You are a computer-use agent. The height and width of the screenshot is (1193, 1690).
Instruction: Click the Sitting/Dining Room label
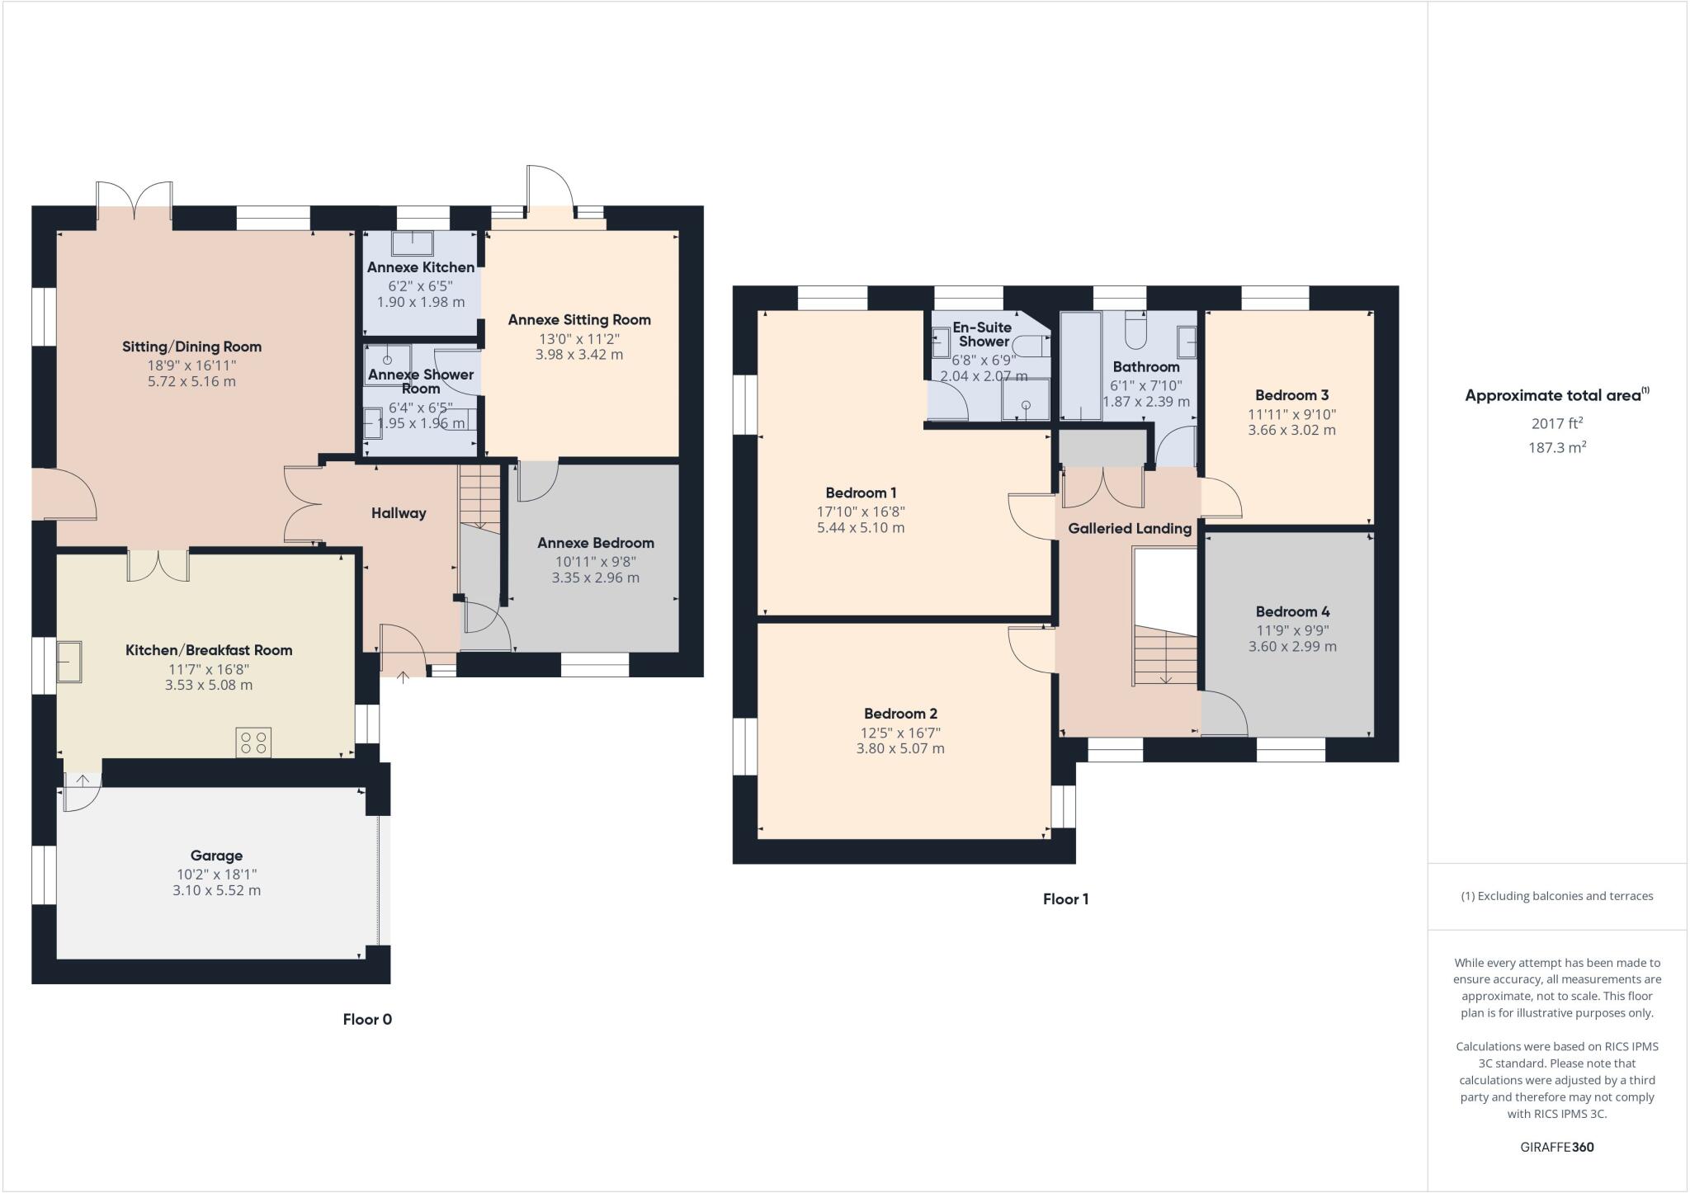click(x=191, y=347)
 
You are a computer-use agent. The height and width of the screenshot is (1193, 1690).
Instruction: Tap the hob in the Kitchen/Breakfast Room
click(x=253, y=742)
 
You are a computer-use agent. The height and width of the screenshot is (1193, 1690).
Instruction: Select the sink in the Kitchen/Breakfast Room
click(x=69, y=662)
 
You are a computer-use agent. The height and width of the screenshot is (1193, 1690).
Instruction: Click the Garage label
click(x=216, y=856)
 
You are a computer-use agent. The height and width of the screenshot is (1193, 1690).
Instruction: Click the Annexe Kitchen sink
click(x=412, y=243)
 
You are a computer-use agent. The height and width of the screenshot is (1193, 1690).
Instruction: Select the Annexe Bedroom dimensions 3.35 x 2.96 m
click(x=595, y=578)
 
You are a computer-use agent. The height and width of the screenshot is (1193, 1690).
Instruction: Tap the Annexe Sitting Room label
click(x=579, y=319)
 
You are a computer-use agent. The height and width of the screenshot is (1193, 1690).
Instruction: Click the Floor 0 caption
click(x=367, y=1019)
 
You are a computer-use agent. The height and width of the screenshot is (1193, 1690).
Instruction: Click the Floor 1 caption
click(x=1065, y=899)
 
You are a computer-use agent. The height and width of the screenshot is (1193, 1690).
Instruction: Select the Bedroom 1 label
click(x=861, y=493)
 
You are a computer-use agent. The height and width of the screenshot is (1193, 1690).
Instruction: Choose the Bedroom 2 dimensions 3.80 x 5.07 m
click(x=900, y=749)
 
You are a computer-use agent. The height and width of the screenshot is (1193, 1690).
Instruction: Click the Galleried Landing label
click(x=1130, y=528)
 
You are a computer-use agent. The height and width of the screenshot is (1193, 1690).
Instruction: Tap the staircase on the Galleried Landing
click(x=1164, y=656)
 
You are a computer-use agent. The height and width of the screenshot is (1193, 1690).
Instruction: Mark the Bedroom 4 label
click(x=1292, y=611)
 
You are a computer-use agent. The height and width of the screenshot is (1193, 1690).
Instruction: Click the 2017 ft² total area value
click(x=1557, y=423)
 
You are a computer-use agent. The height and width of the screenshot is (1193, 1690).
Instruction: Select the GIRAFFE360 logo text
click(x=1557, y=1147)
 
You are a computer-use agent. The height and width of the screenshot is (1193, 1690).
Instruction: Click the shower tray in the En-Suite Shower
click(x=1026, y=400)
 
